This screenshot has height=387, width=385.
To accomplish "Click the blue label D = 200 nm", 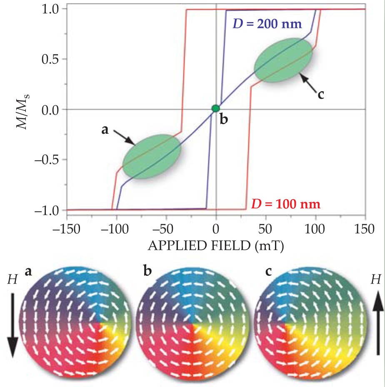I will [x=266, y=23].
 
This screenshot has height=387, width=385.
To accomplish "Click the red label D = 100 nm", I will [x=285, y=205].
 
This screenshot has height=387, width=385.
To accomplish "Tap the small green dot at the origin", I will [x=215, y=108].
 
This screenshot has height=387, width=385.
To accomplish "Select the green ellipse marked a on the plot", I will [x=151, y=156].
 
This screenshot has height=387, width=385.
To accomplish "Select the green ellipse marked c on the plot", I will [x=283, y=60].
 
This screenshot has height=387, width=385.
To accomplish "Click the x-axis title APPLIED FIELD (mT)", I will [x=216, y=246].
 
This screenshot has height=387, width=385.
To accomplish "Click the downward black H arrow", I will [x=12, y=325].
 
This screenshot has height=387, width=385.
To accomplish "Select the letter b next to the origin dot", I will [x=224, y=120].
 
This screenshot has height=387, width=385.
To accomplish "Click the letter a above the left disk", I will [x=28, y=271].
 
